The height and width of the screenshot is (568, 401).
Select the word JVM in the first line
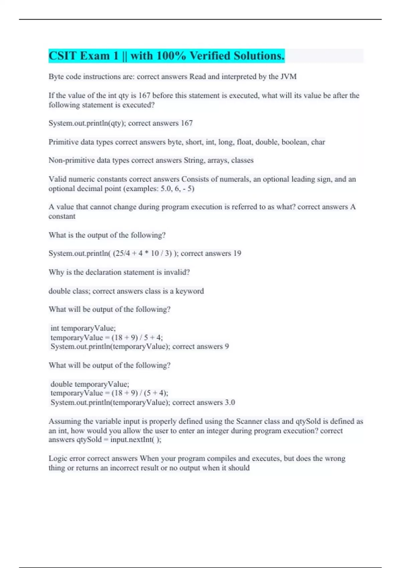coord(288,77)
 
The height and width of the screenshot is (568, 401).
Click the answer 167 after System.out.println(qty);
coord(186,123)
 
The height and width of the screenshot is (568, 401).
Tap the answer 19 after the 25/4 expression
coord(237,253)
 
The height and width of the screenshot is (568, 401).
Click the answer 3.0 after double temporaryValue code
coord(230,402)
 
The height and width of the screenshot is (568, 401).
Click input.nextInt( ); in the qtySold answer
coord(136,440)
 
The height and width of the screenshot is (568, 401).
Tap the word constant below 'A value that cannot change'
coord(62,216)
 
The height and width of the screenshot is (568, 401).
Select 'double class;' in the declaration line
coord(69,291)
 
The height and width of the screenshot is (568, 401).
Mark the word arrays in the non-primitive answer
coord(217,160)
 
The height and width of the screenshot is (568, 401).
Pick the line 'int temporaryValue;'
coord(83,328)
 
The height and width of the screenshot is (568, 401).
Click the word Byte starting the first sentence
coord(56,77)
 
